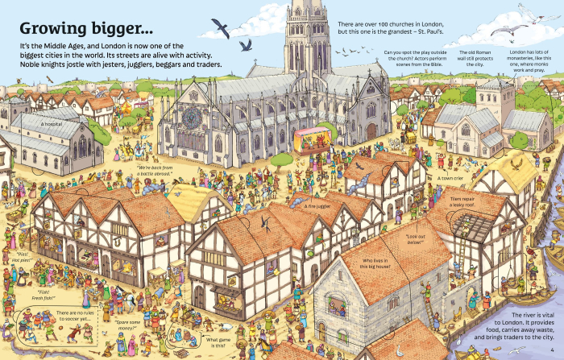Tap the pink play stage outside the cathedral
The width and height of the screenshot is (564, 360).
(310, 139)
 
